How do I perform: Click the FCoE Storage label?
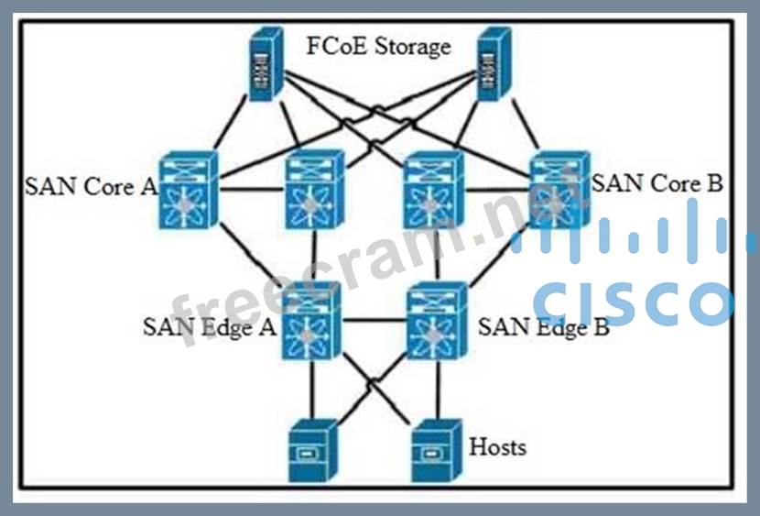[x=379, y=46]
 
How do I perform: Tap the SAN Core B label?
[x=657, y=183]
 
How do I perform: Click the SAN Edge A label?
[x=210, y=327]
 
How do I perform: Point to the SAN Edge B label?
[x=544, y=327]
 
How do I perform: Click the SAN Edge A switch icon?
[x=311, y=323]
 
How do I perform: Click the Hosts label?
[x=497, y=447]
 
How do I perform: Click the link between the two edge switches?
[x=374, y=321]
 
